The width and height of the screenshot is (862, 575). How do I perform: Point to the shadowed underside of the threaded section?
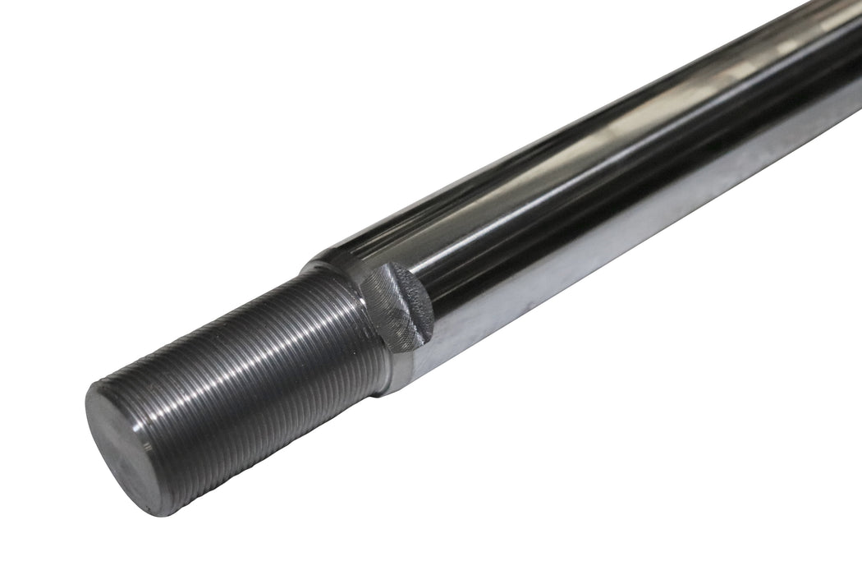click(246, 444)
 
